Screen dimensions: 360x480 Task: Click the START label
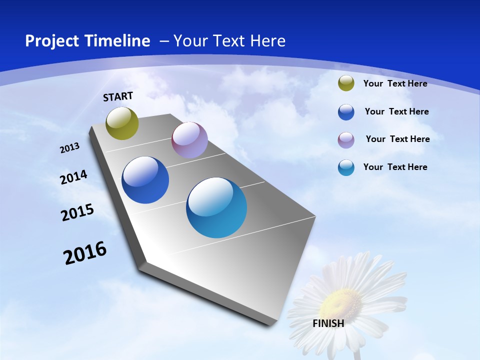(x=118, y=96)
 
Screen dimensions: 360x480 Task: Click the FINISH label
(x=328, y=323)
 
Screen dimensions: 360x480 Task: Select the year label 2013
(x=70, y=148)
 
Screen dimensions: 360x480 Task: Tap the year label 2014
(x=73, y=177)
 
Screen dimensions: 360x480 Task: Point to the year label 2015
(x=77, y=212)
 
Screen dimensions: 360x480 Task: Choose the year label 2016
(x=85, y=253)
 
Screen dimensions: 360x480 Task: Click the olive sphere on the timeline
(x=122, y=123)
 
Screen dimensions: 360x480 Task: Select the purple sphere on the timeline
(x=189, y=140)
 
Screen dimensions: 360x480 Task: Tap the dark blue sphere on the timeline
(x=145, y=180)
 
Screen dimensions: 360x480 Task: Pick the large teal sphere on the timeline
(x=216, y=207)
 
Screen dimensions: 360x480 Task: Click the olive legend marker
(x=346, y=83)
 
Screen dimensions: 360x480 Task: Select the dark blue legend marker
(x=346, y=112)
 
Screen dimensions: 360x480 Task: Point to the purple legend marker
(x=346, y=139)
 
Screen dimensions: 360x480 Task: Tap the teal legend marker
(x=346, y=167)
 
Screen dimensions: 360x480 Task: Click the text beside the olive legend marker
(x=395, y=83)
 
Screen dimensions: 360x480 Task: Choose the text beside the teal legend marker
(x=395, y=167)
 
